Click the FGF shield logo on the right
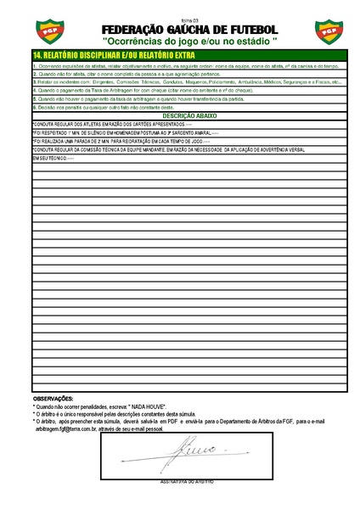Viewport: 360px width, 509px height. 328,31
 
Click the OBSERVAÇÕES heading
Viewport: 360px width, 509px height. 53,398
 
